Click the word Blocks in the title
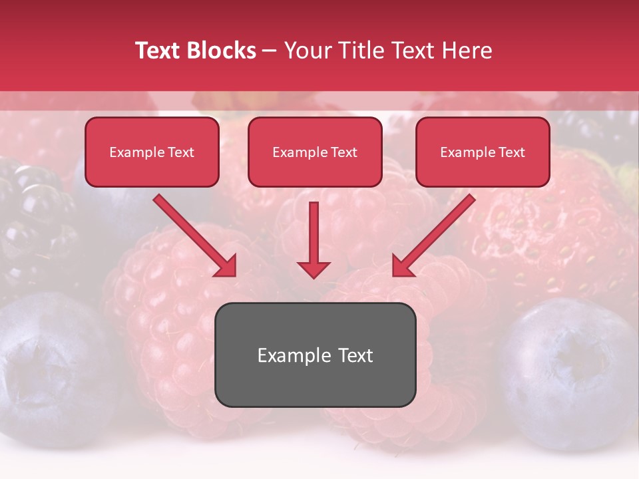(222, 51)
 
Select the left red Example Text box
(152, 152)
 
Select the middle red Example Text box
(315, 152)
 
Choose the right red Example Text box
(483, 152)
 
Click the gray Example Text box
(315, 355)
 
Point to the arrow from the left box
(194, 236)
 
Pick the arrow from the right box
(434, 236)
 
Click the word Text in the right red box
(511, 152)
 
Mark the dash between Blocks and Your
(270, 51)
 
